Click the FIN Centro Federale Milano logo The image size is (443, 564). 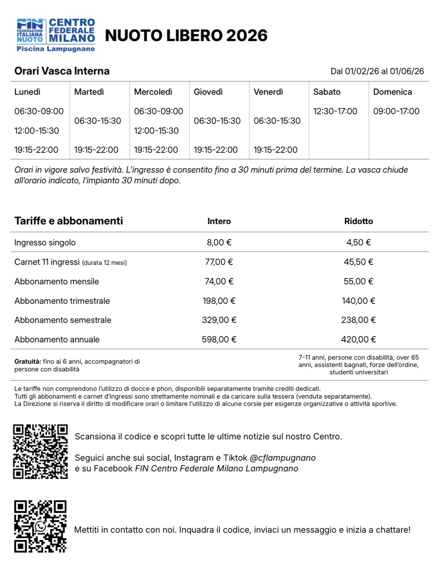click(56, 35)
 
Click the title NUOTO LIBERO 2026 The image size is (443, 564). click(186, 36)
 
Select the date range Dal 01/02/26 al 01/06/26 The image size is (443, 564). click(377, 71)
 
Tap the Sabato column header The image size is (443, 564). click(327, 92)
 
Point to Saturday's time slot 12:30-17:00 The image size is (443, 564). click(335, 111)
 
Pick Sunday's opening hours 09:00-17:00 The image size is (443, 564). click(396, 111)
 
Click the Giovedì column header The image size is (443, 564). click(208, 92)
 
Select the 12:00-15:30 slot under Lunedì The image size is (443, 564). click(37, 130)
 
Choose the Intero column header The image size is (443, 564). click(219, 221)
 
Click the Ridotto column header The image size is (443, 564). click(359, 221)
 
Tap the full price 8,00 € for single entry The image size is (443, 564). click(219, 243)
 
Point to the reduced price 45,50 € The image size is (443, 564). click(359, 262)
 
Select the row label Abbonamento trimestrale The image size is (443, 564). click(62, 301)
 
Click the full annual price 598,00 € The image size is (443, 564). click(219, 340)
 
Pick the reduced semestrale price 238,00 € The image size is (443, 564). click(359, 320)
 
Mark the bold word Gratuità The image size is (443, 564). click(28, 362)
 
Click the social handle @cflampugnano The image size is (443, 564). click(282, 458)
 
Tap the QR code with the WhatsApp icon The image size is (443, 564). click(40, 526)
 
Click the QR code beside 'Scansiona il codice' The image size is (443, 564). click(40, 452)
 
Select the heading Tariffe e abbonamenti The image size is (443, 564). click(69, 221)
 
